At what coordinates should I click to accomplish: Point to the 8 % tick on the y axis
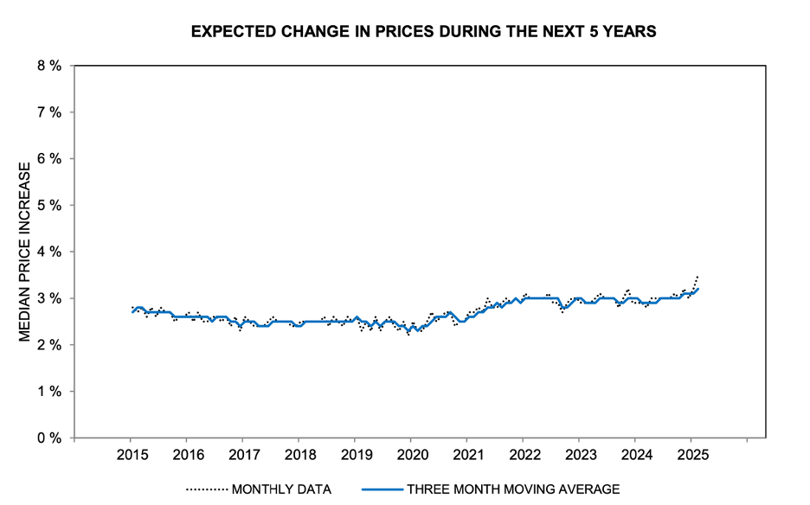click(x=48, y=66)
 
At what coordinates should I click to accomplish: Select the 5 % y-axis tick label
click(x=48, y=205)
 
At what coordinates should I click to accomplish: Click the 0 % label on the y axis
click(x=48, y=438)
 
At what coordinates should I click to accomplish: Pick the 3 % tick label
click(x=48, y=298)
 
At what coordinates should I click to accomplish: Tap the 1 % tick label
click(x=48, y=391)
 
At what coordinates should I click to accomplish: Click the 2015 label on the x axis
click(x=131, y=455)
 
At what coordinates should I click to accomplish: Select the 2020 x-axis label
click(x=411, y=455)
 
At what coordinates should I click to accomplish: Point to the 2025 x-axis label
click(x=691, y=455)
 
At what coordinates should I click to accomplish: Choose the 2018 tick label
click(x=299, y=455)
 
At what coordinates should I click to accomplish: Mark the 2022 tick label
click(x=524, y=455)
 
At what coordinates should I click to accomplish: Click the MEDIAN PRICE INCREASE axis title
click(x=25, y=252)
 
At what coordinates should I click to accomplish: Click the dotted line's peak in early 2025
click(x=697, y=277)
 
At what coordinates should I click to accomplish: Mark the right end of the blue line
click(x=698, y=289)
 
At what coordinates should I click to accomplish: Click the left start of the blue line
click(x=132, y=311)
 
